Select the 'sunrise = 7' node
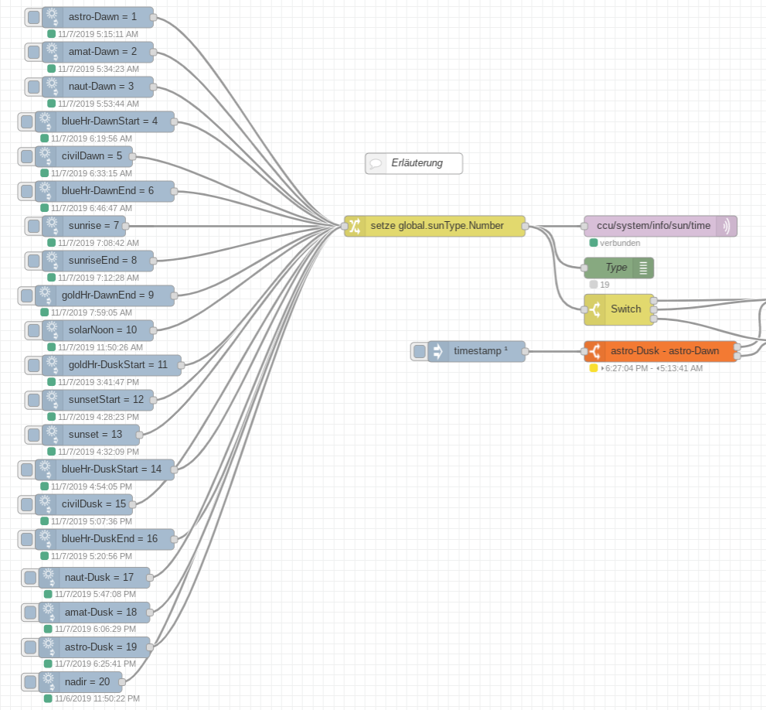coord(94,226)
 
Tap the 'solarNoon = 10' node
coord(107,330)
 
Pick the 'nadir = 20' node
coord(90,682)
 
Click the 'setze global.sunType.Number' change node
coord(437,226)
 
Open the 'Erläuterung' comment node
coord(416,163)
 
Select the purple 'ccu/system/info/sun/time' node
coord(653,226)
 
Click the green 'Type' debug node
coord(616,268)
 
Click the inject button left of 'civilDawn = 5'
coord(26,156)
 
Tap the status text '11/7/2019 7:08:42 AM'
coord(98,243)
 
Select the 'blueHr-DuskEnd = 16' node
coord(108,539)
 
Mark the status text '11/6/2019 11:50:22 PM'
coord(97,698)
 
